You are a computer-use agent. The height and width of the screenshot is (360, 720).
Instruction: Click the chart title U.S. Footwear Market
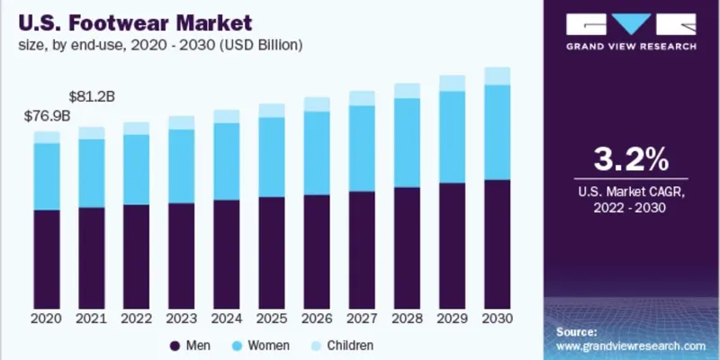(x=133, y=19)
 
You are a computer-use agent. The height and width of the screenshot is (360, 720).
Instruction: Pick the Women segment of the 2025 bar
(x=272, y=157)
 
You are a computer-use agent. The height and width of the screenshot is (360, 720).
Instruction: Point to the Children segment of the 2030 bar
(x=497, y=76)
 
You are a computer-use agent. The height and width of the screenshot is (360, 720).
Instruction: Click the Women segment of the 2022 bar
(x=137, y=169)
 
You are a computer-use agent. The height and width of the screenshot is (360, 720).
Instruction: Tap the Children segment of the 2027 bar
(x=362, y=98)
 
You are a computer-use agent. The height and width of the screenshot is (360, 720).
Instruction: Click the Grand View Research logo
(x=633, y=31)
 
